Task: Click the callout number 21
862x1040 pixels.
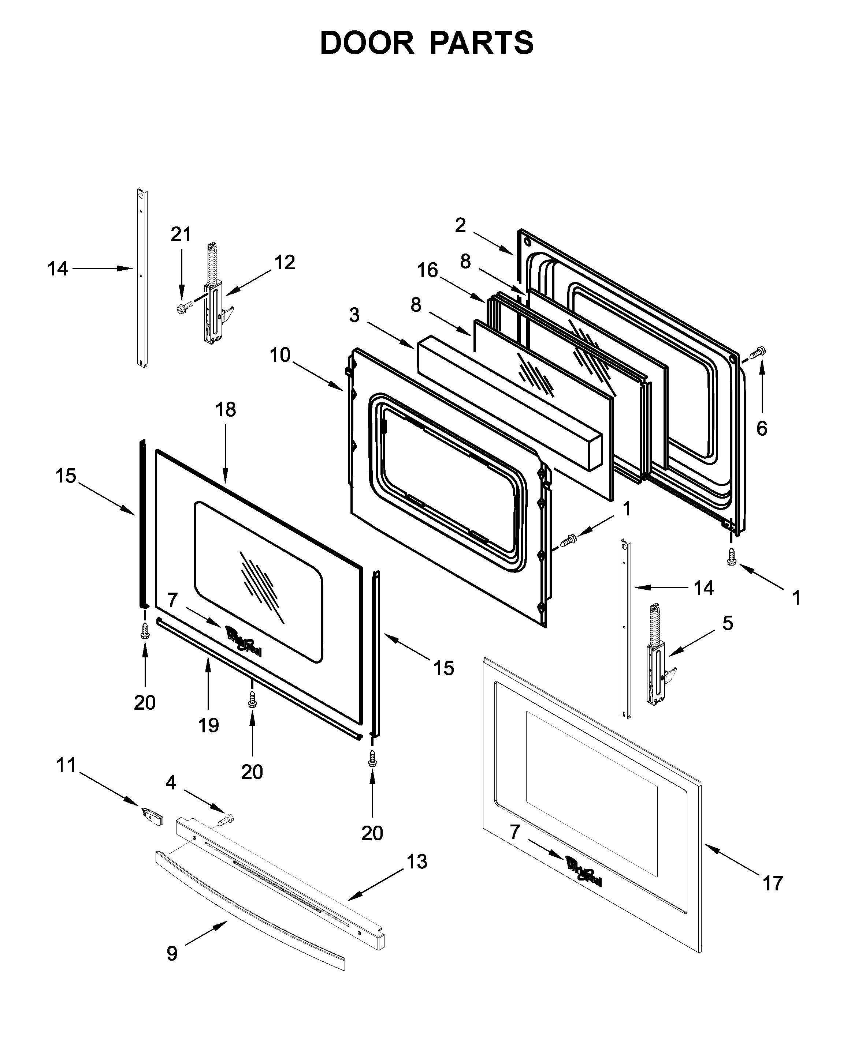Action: click(x=181, y=234)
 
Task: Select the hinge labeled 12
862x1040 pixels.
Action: click(x=214, y=297)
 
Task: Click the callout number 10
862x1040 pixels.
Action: click(x=280, y=355)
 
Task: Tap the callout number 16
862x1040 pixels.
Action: click(x=427, y=270)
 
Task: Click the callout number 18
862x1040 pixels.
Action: click(x=226, y=410)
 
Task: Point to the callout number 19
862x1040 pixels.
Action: click(x=209, y=725)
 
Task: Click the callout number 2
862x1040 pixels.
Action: click(x=461, y=225)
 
